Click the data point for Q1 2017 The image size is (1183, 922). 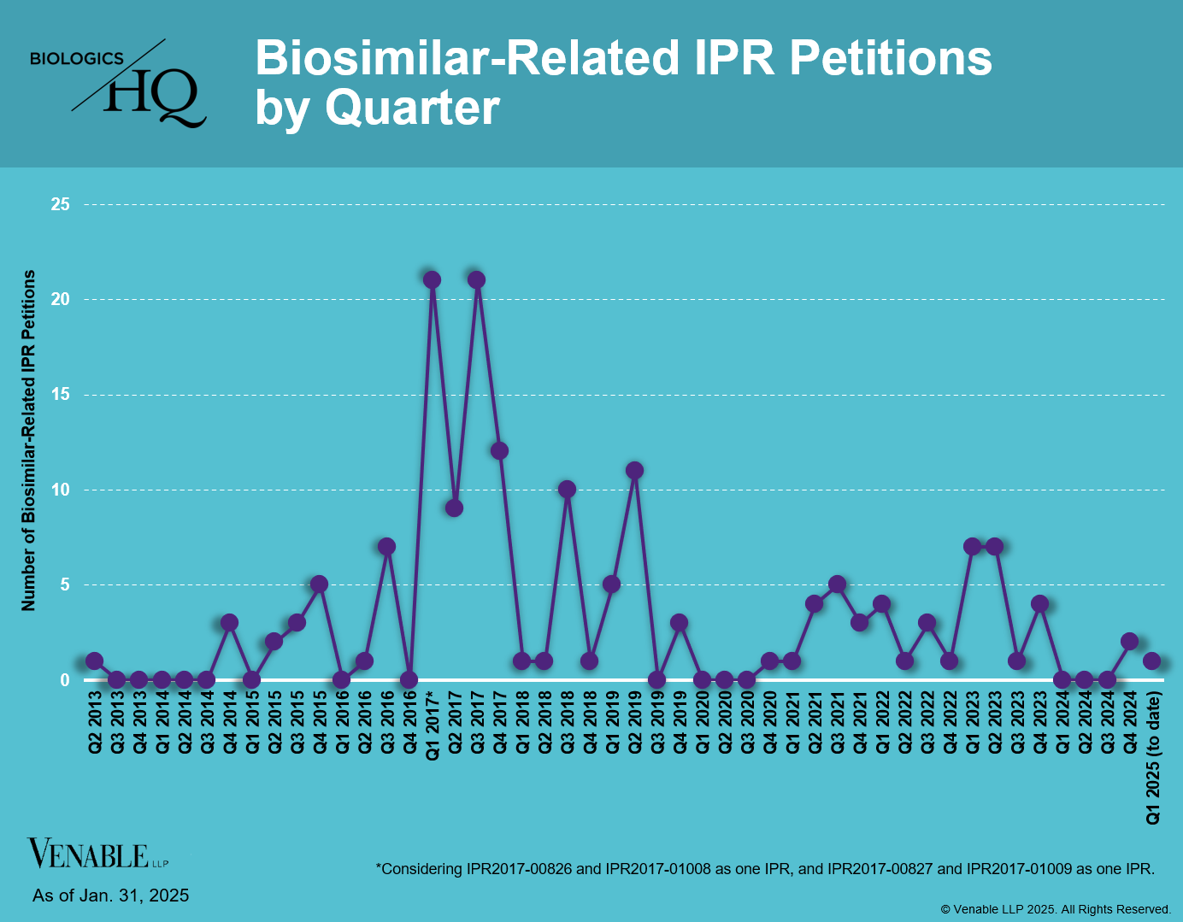click(432, 279)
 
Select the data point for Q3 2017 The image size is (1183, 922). click(477, 279)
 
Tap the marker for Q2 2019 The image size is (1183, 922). click(634, 470)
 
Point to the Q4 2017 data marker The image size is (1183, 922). click(499, 451)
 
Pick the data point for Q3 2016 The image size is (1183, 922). click(386, 546)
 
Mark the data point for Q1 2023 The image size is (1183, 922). click(972, 546)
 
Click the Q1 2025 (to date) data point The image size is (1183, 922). click(1151, 661)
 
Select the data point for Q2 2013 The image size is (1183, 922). click(94, 661)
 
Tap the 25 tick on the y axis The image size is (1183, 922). click(60, 204)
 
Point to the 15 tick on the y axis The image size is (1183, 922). click(60, 395)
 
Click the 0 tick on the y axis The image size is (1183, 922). click(65, 680)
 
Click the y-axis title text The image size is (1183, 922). click(29, 440)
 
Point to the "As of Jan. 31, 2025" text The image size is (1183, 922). click(111, 896)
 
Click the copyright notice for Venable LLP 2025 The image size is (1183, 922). click(1056, 909)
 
